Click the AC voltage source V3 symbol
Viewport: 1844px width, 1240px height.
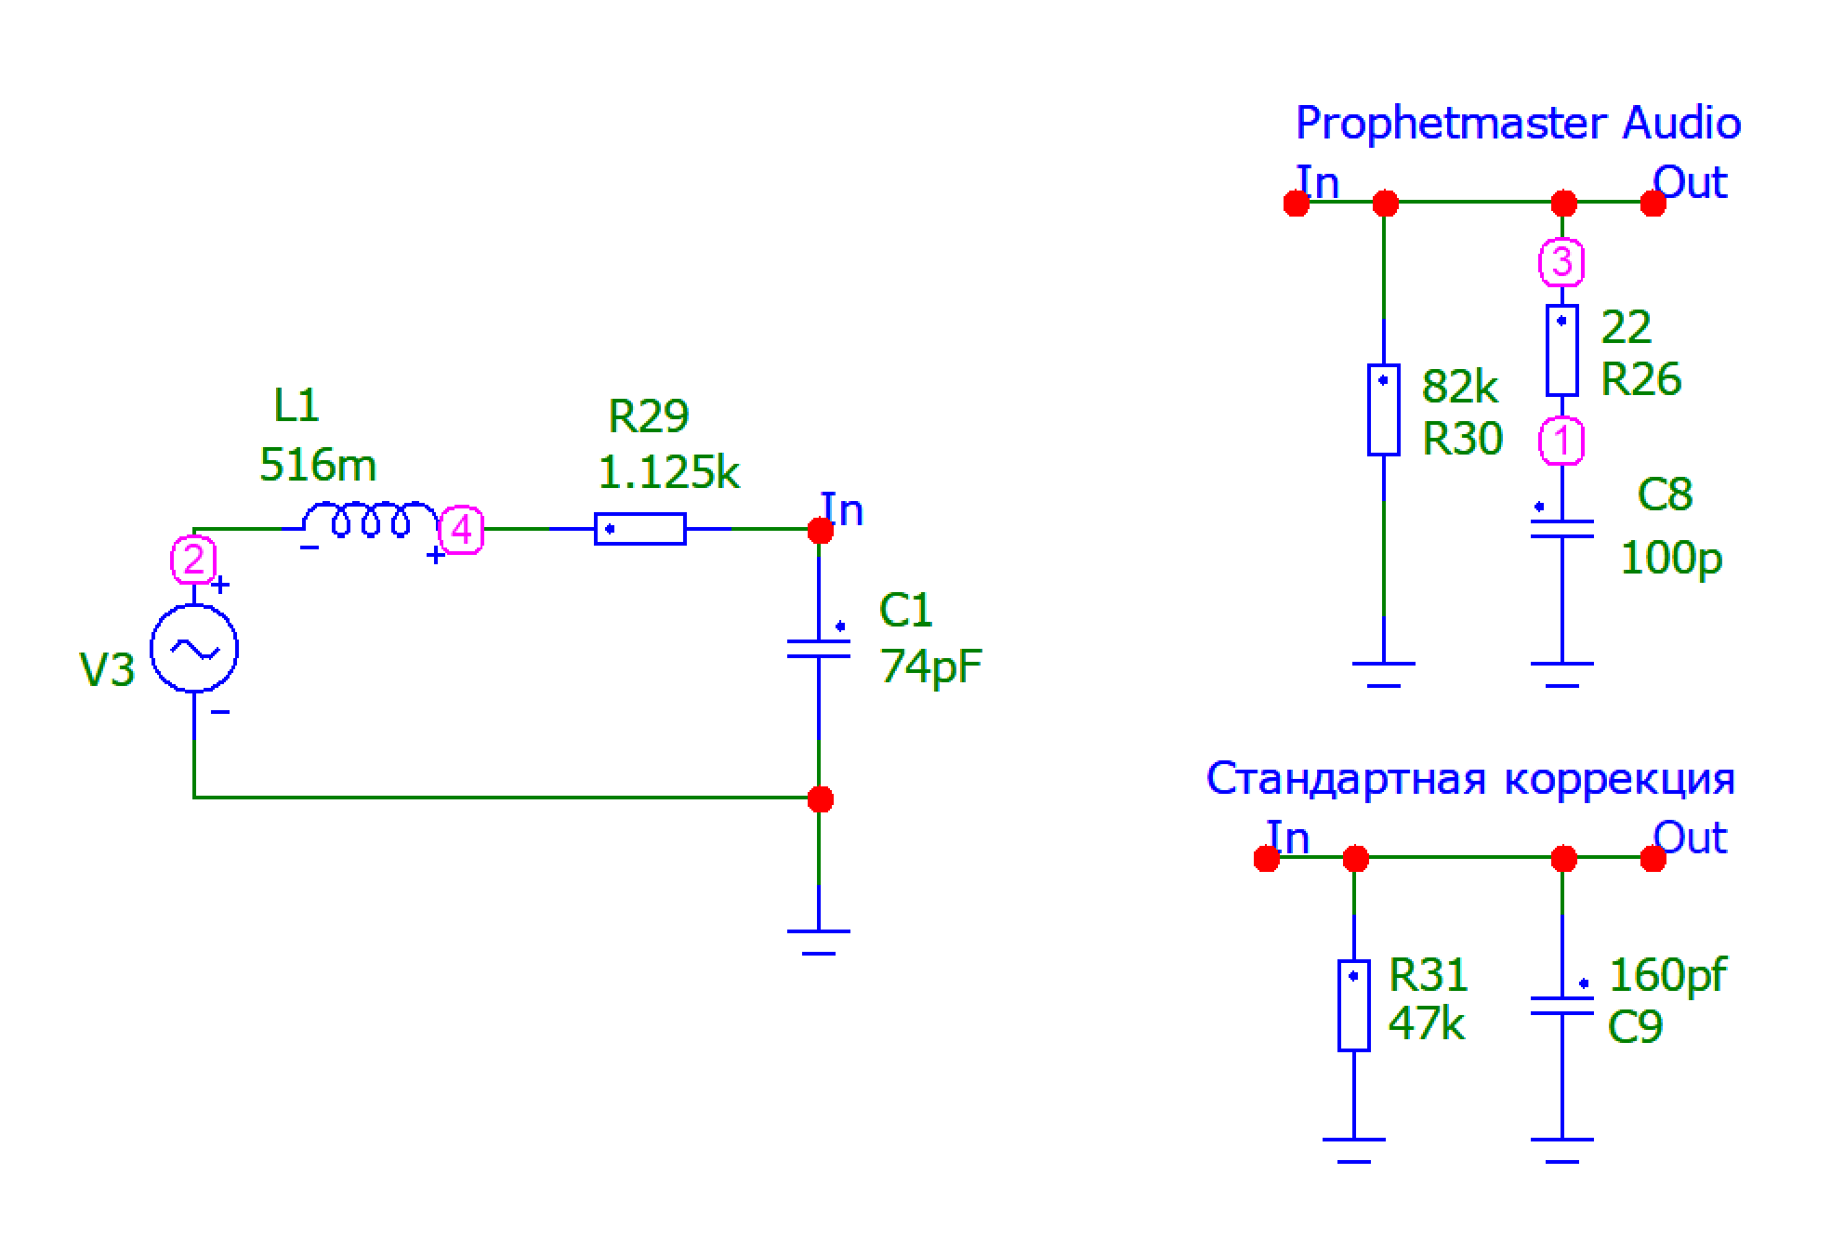194,648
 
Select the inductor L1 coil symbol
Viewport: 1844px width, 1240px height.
370,521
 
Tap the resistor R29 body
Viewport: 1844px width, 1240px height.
640,529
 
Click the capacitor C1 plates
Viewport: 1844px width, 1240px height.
819,648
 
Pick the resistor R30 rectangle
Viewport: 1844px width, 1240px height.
1383,410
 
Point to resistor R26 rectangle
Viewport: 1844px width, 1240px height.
1561,350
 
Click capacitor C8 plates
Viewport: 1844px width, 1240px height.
1561,529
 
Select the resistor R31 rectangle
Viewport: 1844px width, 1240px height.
1353,1005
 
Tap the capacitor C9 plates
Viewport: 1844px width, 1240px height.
1561,1006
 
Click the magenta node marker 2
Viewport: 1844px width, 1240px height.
193,560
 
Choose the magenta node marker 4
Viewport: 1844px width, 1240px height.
461,531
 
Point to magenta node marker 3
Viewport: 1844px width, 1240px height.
1561,262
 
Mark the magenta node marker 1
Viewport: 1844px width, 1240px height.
1561,441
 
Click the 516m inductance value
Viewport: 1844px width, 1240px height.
318,465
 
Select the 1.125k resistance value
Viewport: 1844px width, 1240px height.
668,472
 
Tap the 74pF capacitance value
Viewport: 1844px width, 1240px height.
930,666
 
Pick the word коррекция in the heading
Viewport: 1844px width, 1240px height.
1619,779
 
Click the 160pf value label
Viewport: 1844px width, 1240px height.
1667,975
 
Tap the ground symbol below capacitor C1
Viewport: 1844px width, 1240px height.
819,941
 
